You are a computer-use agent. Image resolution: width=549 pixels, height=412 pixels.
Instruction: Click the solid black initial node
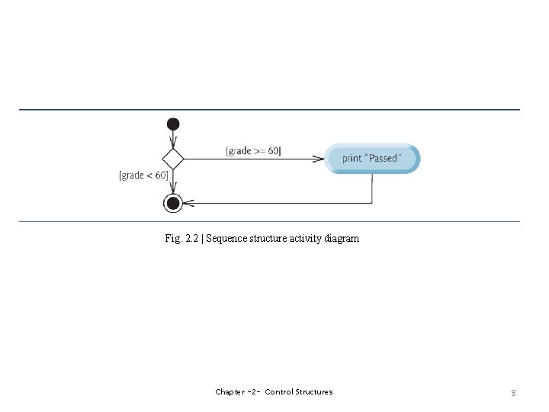[x=173, y=124]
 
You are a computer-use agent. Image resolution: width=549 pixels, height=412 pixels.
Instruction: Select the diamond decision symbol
[x=173, y=159]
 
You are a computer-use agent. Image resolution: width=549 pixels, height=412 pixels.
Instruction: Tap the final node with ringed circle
[x=173, y=203]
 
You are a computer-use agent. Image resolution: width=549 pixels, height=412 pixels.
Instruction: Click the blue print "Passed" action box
[x=372, y=159]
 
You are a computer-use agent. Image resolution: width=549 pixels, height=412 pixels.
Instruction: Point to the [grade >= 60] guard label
[x=253, y=151]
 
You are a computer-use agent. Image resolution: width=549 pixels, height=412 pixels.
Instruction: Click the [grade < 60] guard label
[x=143, y=175]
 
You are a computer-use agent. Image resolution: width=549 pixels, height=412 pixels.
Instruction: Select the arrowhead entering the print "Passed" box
[x=320, y=159]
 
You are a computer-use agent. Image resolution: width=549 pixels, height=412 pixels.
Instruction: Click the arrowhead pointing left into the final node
[x=189, y=203]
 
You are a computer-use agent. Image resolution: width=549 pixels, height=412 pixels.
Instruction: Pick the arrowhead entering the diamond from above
[x=173, y=144]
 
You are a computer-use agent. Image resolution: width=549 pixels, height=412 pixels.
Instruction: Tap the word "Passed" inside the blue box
[x=383, y=159]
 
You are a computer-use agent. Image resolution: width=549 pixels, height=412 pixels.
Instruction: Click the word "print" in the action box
[x=352, y=159]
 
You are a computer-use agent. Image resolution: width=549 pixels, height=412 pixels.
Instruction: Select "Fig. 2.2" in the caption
[x=180, y=239]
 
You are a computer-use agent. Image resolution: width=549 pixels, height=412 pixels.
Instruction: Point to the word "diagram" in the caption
[x=341, y=239]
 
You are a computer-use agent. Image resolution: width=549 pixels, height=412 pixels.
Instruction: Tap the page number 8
[x=513, y=392]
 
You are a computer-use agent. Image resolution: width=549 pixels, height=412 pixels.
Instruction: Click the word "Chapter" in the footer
[x=230, y=392]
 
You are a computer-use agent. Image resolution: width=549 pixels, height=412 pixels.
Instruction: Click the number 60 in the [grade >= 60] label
[x=272, y=151]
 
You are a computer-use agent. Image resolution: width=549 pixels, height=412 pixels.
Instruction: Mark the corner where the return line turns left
[x=372, y=203]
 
